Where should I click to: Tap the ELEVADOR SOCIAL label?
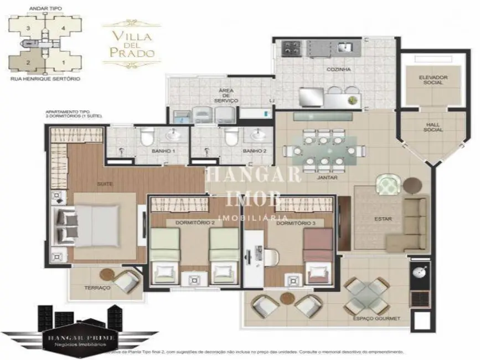[433, 81]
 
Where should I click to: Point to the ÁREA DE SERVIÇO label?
[228, 95]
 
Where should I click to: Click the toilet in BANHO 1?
[147, 136]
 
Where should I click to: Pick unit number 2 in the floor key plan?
[27, 62]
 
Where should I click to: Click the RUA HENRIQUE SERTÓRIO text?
[45, 79]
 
